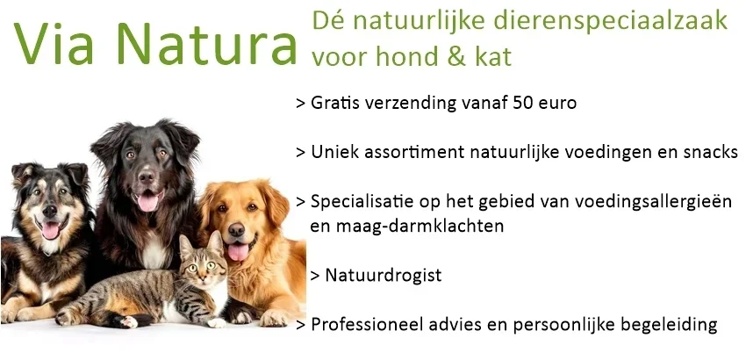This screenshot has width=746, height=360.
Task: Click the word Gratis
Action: (x=334, y=103)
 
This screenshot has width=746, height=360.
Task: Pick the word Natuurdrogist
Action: (x=383, y=275)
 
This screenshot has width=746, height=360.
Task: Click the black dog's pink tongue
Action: (x=148, y=202)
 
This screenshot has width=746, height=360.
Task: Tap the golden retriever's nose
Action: (x=238, y=233)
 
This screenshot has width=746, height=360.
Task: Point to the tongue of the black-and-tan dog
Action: (x=51, y=230)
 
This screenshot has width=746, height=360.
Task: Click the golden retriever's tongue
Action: (x=238, y=253)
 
